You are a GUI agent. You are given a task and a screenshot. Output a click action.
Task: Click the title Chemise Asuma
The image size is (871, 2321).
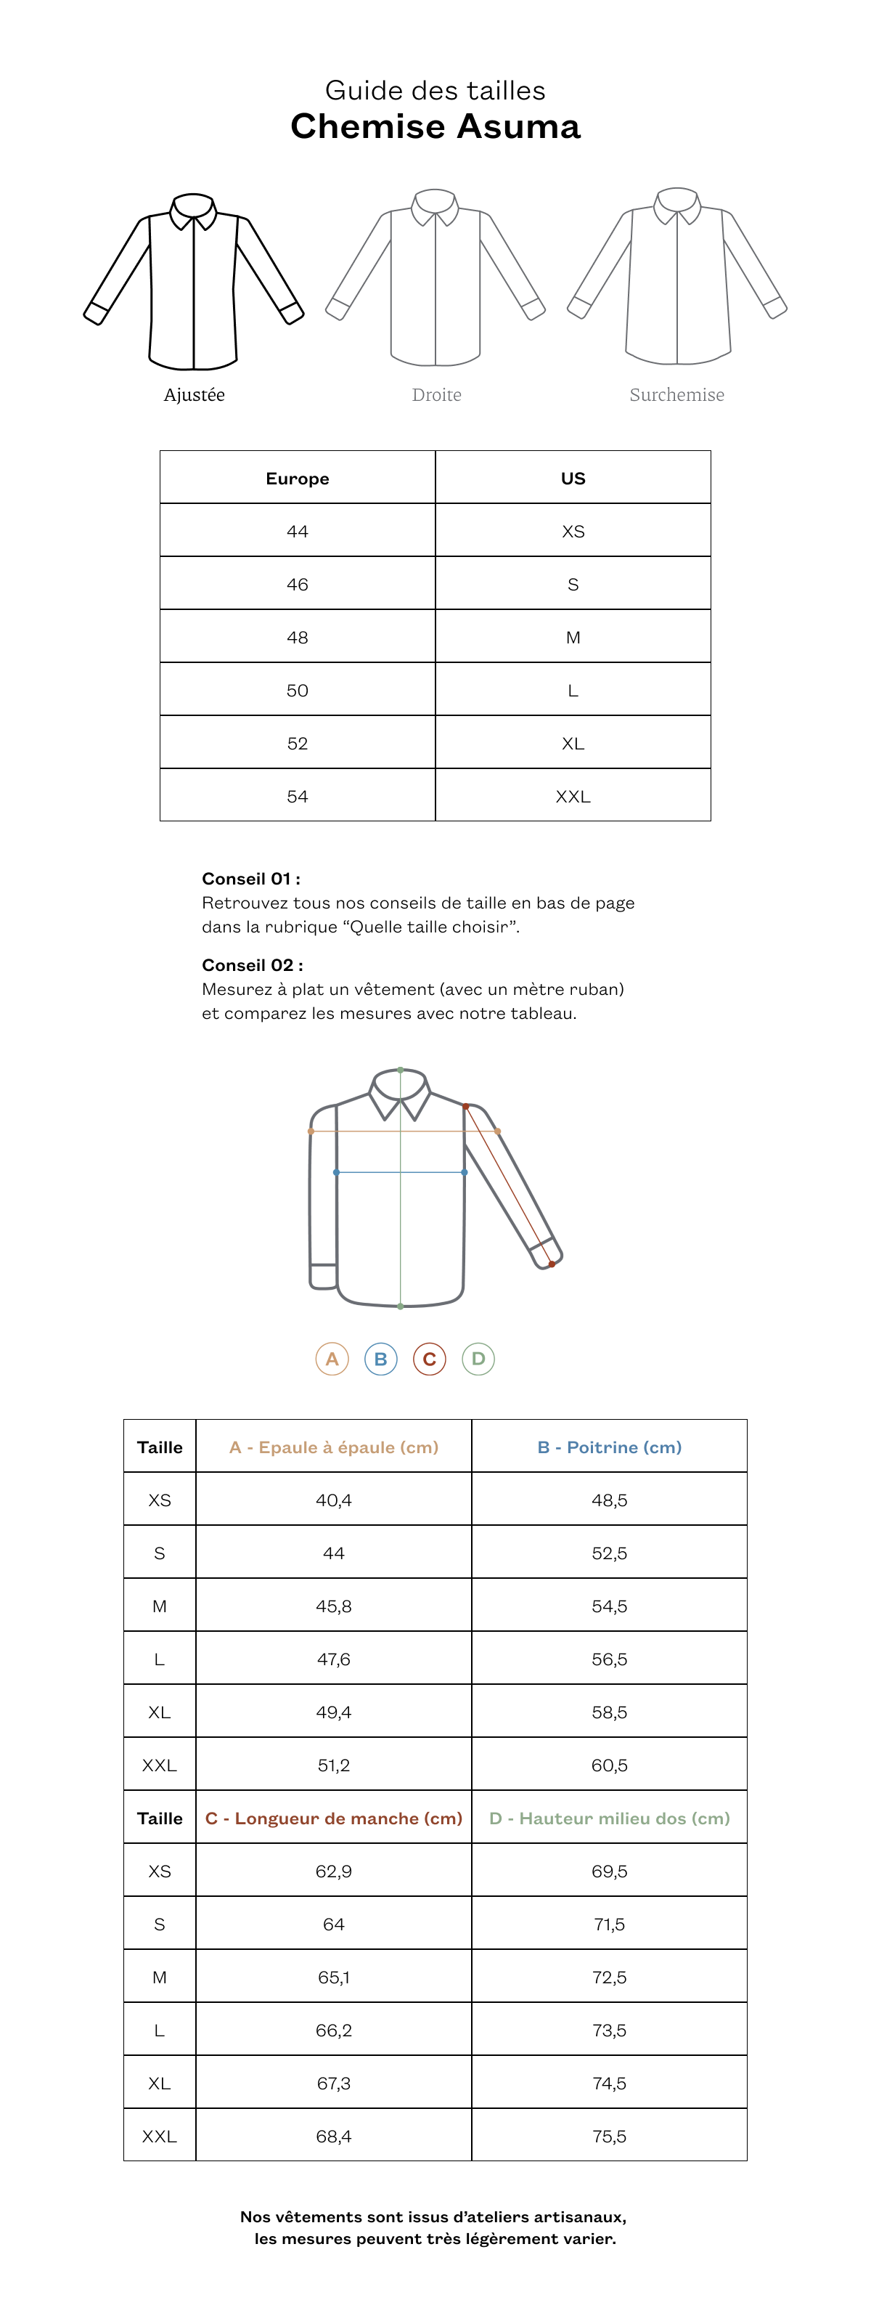point(435,126)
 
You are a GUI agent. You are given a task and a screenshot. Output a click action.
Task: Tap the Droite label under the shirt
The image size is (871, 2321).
point(437,394)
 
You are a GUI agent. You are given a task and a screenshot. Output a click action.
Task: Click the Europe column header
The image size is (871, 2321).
point(298,479)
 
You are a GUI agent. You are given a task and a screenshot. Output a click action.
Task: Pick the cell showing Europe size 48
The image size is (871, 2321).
point(298,637)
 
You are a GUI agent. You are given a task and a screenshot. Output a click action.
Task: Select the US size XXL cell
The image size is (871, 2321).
point(573,797)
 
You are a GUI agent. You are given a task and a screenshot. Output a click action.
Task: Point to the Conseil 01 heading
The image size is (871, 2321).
point(251,879)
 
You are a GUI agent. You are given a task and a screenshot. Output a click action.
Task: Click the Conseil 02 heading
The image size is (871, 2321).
point(252,965)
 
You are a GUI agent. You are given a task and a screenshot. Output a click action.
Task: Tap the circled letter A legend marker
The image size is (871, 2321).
point(332,1359)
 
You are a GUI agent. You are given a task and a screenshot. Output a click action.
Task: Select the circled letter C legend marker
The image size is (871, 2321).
point(430,1359)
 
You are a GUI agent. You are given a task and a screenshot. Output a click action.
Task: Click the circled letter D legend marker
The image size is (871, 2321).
point(478,1359)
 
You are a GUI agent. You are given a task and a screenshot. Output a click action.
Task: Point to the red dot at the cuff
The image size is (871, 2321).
point(552,1264)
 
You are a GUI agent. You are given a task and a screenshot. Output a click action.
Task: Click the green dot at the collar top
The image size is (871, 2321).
point(401,1070)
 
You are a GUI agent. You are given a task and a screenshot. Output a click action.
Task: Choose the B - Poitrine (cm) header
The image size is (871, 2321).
point(610,1447)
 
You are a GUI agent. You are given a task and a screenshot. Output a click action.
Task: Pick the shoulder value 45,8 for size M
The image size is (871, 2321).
point(333,1606)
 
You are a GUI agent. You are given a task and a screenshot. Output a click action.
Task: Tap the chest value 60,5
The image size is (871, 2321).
point(610,1765)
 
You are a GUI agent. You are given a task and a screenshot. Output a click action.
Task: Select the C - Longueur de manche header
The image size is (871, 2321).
point(333,1818)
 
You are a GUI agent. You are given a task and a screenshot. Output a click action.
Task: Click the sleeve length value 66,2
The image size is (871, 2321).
point(333,2030)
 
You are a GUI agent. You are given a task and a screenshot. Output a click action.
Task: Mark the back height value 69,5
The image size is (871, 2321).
point(610,1871)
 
